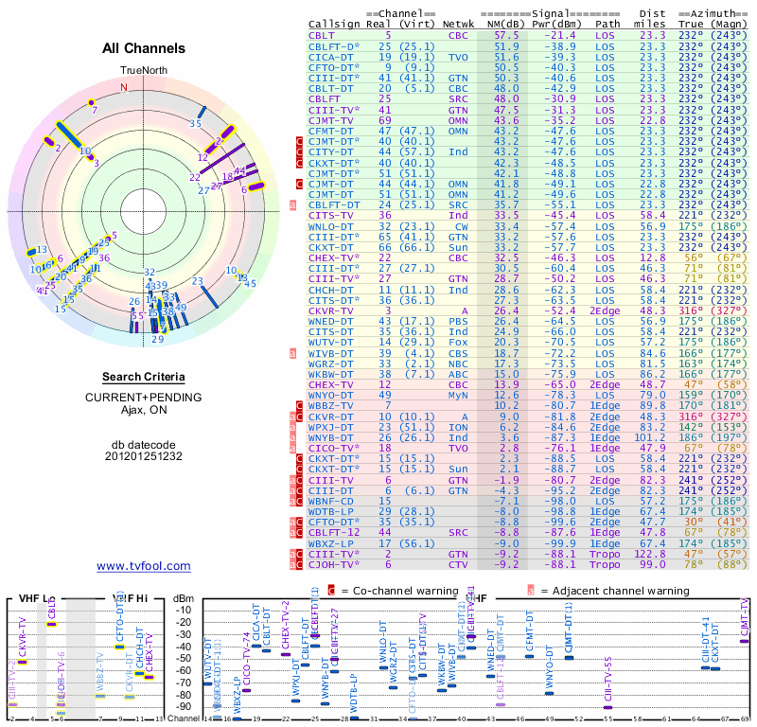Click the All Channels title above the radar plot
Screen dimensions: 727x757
(144, 48)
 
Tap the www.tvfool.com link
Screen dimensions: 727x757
(144, 566)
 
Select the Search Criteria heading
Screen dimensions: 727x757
(144, 377)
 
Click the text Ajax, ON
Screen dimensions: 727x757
(144, 410)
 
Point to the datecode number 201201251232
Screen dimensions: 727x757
(144, 455)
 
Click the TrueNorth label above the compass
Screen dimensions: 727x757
(144, 71)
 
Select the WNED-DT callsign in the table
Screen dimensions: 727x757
(331, 322)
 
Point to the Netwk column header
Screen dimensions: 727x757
(459, 24)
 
